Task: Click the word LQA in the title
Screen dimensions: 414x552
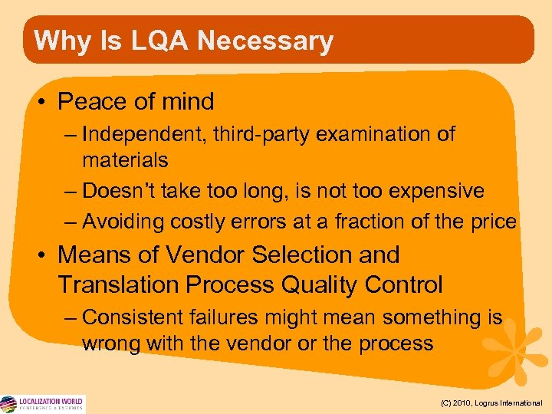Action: point(148,41)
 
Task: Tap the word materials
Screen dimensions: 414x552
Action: point(125,160)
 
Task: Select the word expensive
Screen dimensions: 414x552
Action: point(436,190)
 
